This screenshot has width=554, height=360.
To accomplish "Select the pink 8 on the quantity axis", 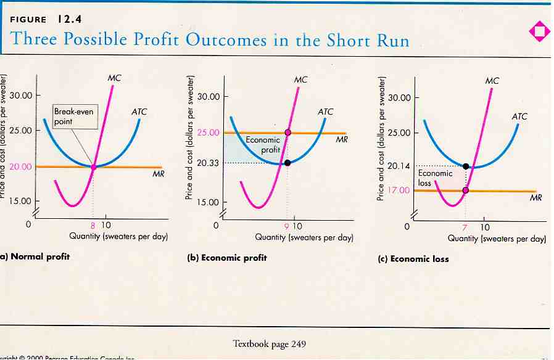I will [93, 224].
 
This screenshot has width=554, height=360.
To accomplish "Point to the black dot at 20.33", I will [287, 163].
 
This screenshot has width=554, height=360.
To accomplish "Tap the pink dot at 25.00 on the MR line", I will [287, 133].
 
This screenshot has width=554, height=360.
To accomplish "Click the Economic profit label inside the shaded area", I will [263, 145].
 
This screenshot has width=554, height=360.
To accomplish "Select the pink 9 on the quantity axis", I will [287, 225].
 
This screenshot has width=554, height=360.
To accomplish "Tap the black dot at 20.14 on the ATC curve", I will [466, 166].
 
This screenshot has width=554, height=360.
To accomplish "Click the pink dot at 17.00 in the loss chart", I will [466, 190].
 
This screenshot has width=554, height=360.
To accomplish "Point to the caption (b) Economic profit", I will [227, 258].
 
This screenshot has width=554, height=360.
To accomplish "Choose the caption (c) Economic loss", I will [413, 259].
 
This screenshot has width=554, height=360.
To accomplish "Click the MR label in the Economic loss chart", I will [535, 198].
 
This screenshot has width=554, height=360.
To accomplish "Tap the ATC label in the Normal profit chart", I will [139, 112].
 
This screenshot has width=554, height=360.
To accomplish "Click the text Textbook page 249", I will [270, 343].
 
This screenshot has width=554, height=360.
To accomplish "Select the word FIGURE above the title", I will [28, 20].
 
